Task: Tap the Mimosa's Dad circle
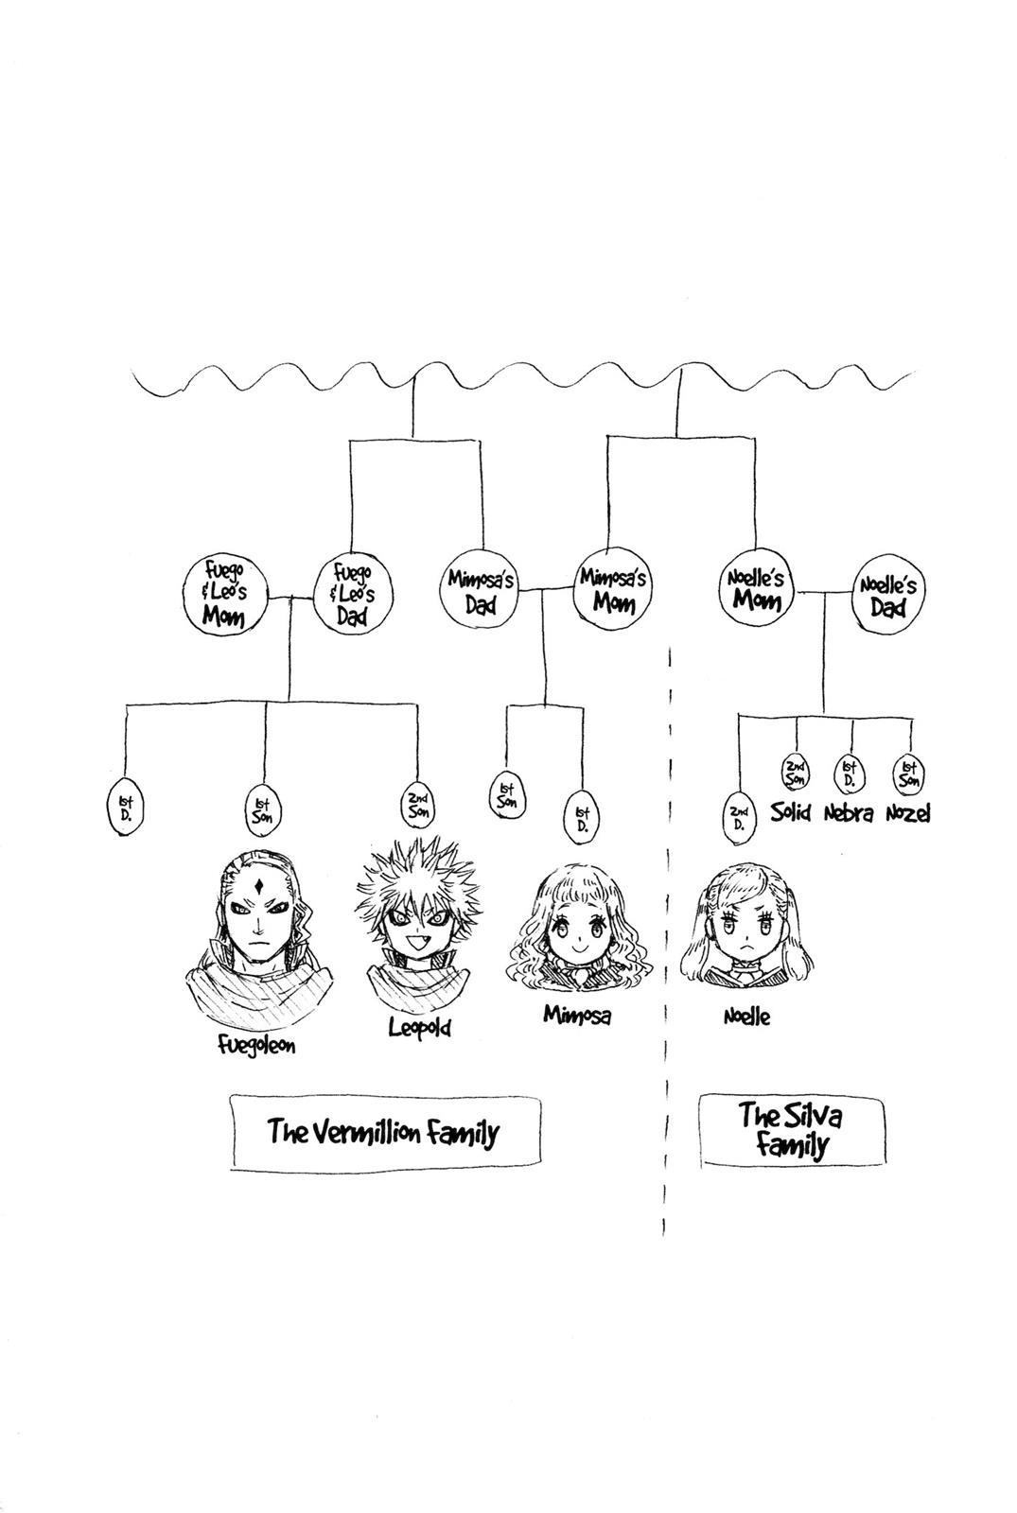click(481, 590)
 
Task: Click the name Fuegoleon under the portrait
click(254, 1045)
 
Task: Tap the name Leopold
click(419, 1027)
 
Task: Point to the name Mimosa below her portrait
click(576, 1015)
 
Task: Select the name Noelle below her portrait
click(746, 1017)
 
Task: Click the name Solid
click(791, 812)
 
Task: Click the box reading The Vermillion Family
click(384, 1132)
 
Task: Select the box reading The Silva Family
click(791, 1130)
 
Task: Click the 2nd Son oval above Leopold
click(417, 805)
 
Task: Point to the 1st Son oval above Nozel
click(910, 773)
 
